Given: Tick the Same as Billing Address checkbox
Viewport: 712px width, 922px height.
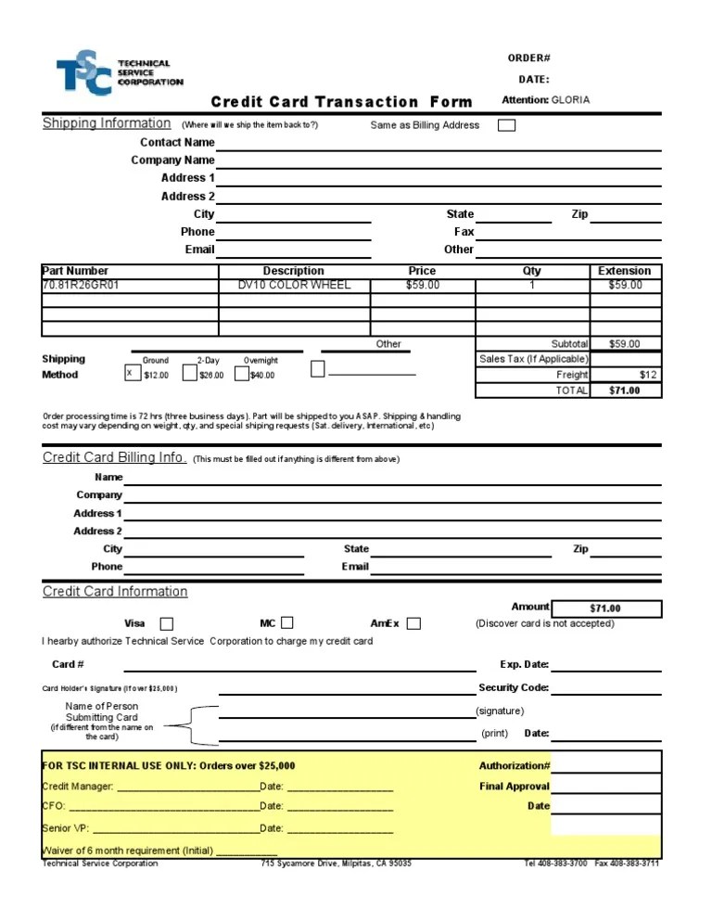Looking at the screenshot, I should (x=507, y=125).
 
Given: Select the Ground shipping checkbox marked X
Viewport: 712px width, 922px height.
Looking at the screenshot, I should (x=132, y=373).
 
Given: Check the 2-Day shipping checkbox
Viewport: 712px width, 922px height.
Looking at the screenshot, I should (x=189, y=373).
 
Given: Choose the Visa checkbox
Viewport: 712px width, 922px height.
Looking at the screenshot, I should (x=167, y=623).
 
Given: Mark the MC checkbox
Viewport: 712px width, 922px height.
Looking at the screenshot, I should (x=287, y=622).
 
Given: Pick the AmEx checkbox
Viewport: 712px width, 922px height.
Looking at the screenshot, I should (x=413, y=623).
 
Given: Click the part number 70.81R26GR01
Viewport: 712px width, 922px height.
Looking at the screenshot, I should (x=81, y=286).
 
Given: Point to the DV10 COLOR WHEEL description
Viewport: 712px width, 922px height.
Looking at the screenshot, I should (x=294, y=286).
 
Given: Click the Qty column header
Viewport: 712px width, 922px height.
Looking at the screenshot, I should (x=532, y=271).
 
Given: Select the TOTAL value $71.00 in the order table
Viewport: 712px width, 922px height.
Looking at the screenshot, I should (x=625, y=391).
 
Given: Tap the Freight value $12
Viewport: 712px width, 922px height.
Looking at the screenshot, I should (x=648, y=375).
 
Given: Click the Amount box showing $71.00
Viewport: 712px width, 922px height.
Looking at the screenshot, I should (x=606, y=608).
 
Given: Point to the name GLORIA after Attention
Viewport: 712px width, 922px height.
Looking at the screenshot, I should (x=570, y=100).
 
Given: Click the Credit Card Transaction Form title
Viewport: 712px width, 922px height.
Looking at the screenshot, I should (x=341, y=102).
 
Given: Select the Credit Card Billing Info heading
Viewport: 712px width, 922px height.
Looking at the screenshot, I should (x=114, y=458).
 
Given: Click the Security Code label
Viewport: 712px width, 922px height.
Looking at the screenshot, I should (x=514, y=688).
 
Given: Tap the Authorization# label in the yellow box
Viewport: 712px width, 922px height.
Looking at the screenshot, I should (x=515, y=766).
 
